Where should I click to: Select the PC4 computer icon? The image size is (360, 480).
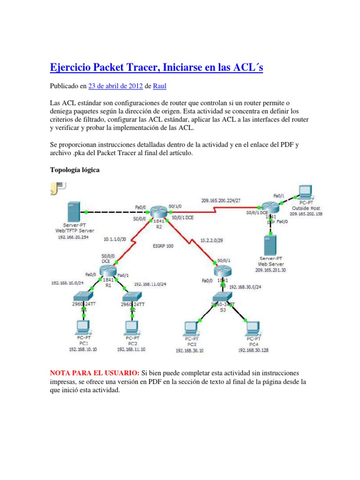[x=252, y=327]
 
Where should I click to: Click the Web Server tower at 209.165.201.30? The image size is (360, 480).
[x=270, y=243]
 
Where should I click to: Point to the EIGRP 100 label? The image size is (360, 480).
[x=163, y=246]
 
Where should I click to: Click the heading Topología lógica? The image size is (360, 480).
[x=75, y=170]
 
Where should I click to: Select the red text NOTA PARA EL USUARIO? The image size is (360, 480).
[x=94, y=373]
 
